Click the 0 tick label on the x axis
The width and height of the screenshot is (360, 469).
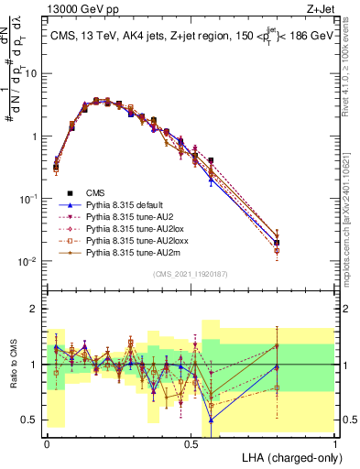(47, 442)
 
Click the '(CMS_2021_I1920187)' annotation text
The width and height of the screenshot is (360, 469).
(191, 274)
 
